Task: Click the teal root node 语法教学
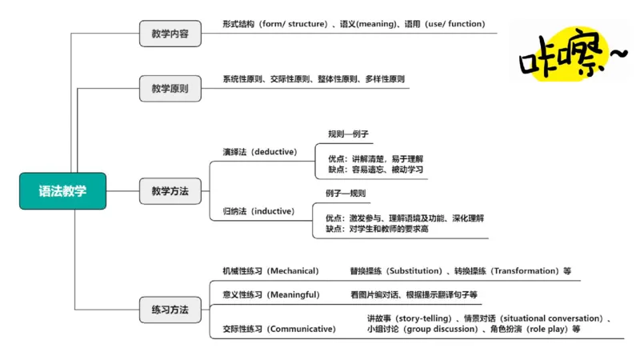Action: click(62, 191)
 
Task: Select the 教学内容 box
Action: click(170, 34)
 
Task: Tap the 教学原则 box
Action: click(170, 89)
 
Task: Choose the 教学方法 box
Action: click(170, 191)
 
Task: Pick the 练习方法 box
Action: click(170, 309)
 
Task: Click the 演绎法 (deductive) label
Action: click(259, 152)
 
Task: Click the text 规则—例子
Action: click(348, 134)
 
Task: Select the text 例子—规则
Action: click(346, 194)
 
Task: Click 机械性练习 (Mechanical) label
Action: click(270, 270)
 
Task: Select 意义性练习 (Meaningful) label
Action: click(270, 294)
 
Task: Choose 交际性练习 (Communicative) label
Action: click(278, 328)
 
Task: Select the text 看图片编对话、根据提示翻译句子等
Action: click(414, 294)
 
